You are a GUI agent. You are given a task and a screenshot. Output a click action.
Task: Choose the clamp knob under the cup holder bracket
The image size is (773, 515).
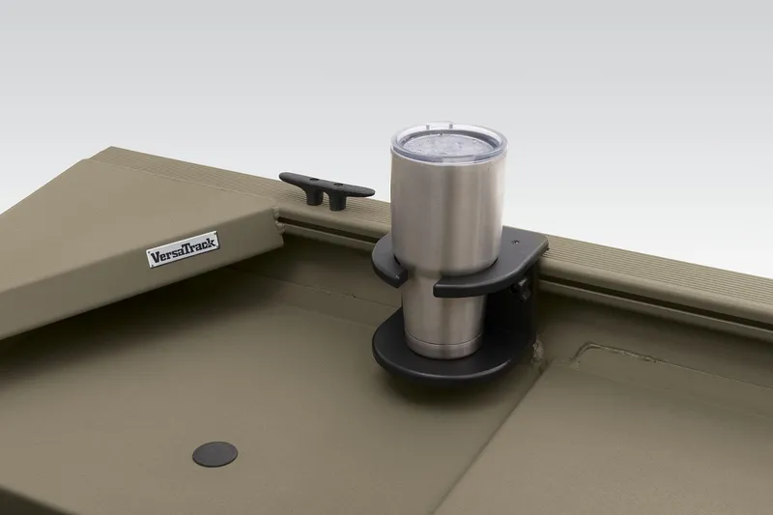pos(524,287)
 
